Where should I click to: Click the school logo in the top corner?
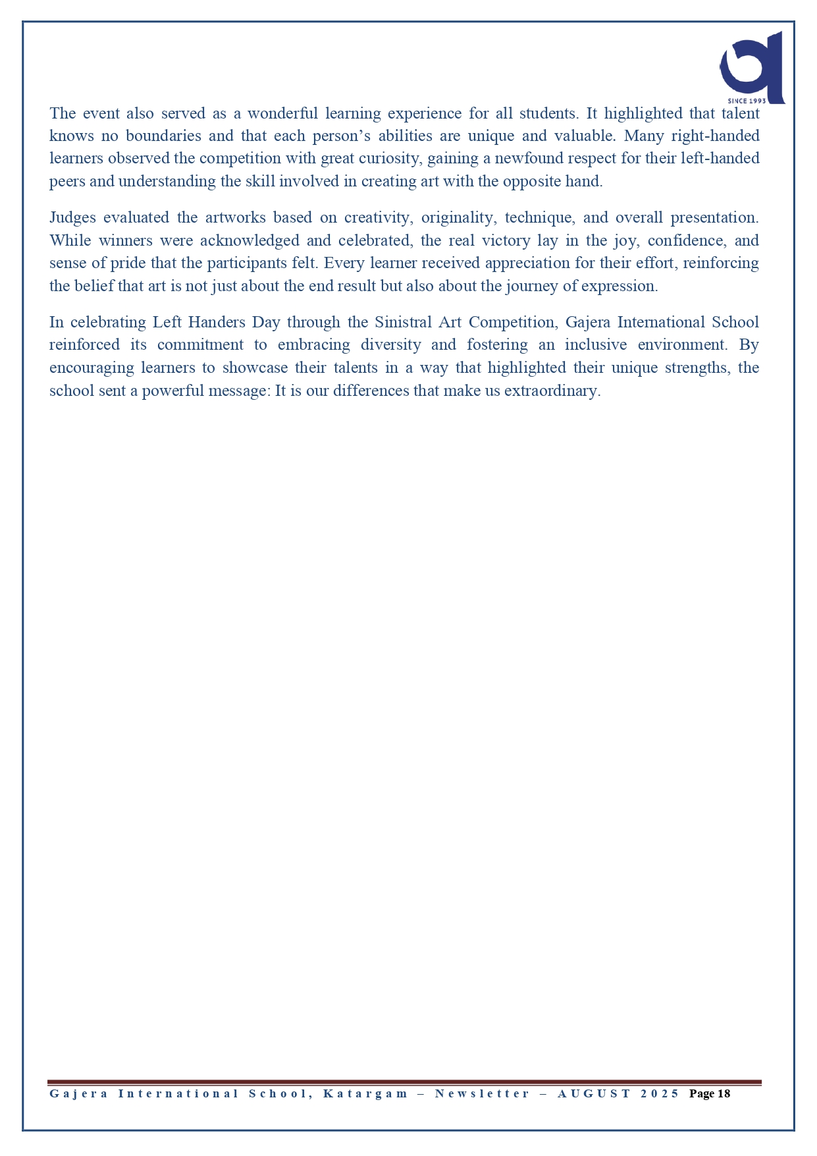click(752, 66)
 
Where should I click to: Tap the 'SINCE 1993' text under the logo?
click(747, 101)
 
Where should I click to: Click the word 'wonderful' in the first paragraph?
click(282, 113)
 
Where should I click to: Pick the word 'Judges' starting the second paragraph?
click(72, 218)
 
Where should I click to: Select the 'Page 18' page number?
click(710, 1094)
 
